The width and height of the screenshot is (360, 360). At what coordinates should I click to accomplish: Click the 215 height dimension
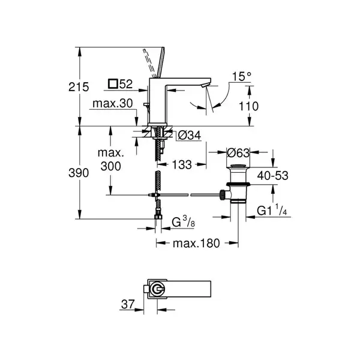click(x=79, y=87)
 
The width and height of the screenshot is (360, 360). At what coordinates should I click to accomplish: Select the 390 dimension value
click(x=79, y=173)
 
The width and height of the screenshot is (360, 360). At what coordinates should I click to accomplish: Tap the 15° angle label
click(x=242, y=76)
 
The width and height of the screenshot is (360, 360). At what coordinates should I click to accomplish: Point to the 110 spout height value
click(x=248, y=106)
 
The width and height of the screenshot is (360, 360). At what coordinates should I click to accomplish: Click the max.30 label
click(x=113, y=104)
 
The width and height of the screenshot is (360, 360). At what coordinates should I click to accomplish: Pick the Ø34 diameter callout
click(x=190, y=135)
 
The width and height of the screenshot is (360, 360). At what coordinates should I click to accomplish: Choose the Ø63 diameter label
click(x=238, y=152)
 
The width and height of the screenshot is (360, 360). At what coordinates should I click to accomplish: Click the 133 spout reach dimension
click(x=182, y=164)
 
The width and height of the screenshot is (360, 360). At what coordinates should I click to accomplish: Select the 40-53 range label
click(x=272, y=176)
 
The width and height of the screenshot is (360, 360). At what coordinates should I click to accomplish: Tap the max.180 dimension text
click(x=196, y=244)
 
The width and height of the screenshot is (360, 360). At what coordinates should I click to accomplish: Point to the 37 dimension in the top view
click(x=128, y=304)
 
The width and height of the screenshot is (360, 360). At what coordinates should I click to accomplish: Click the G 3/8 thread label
click(x=184, y=222)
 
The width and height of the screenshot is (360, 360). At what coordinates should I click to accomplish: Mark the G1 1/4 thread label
click(x=272, y=210)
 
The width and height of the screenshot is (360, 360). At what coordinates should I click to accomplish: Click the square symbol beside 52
click(x=113, y=84)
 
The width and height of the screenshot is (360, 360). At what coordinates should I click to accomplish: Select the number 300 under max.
click(x=110, y=166)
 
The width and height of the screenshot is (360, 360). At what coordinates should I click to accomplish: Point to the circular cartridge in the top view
click(x=157, y=289)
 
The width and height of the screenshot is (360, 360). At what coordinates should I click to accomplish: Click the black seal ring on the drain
click(x=238, y=184)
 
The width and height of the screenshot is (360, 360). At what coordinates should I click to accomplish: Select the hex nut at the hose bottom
click(x=158, y=217)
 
